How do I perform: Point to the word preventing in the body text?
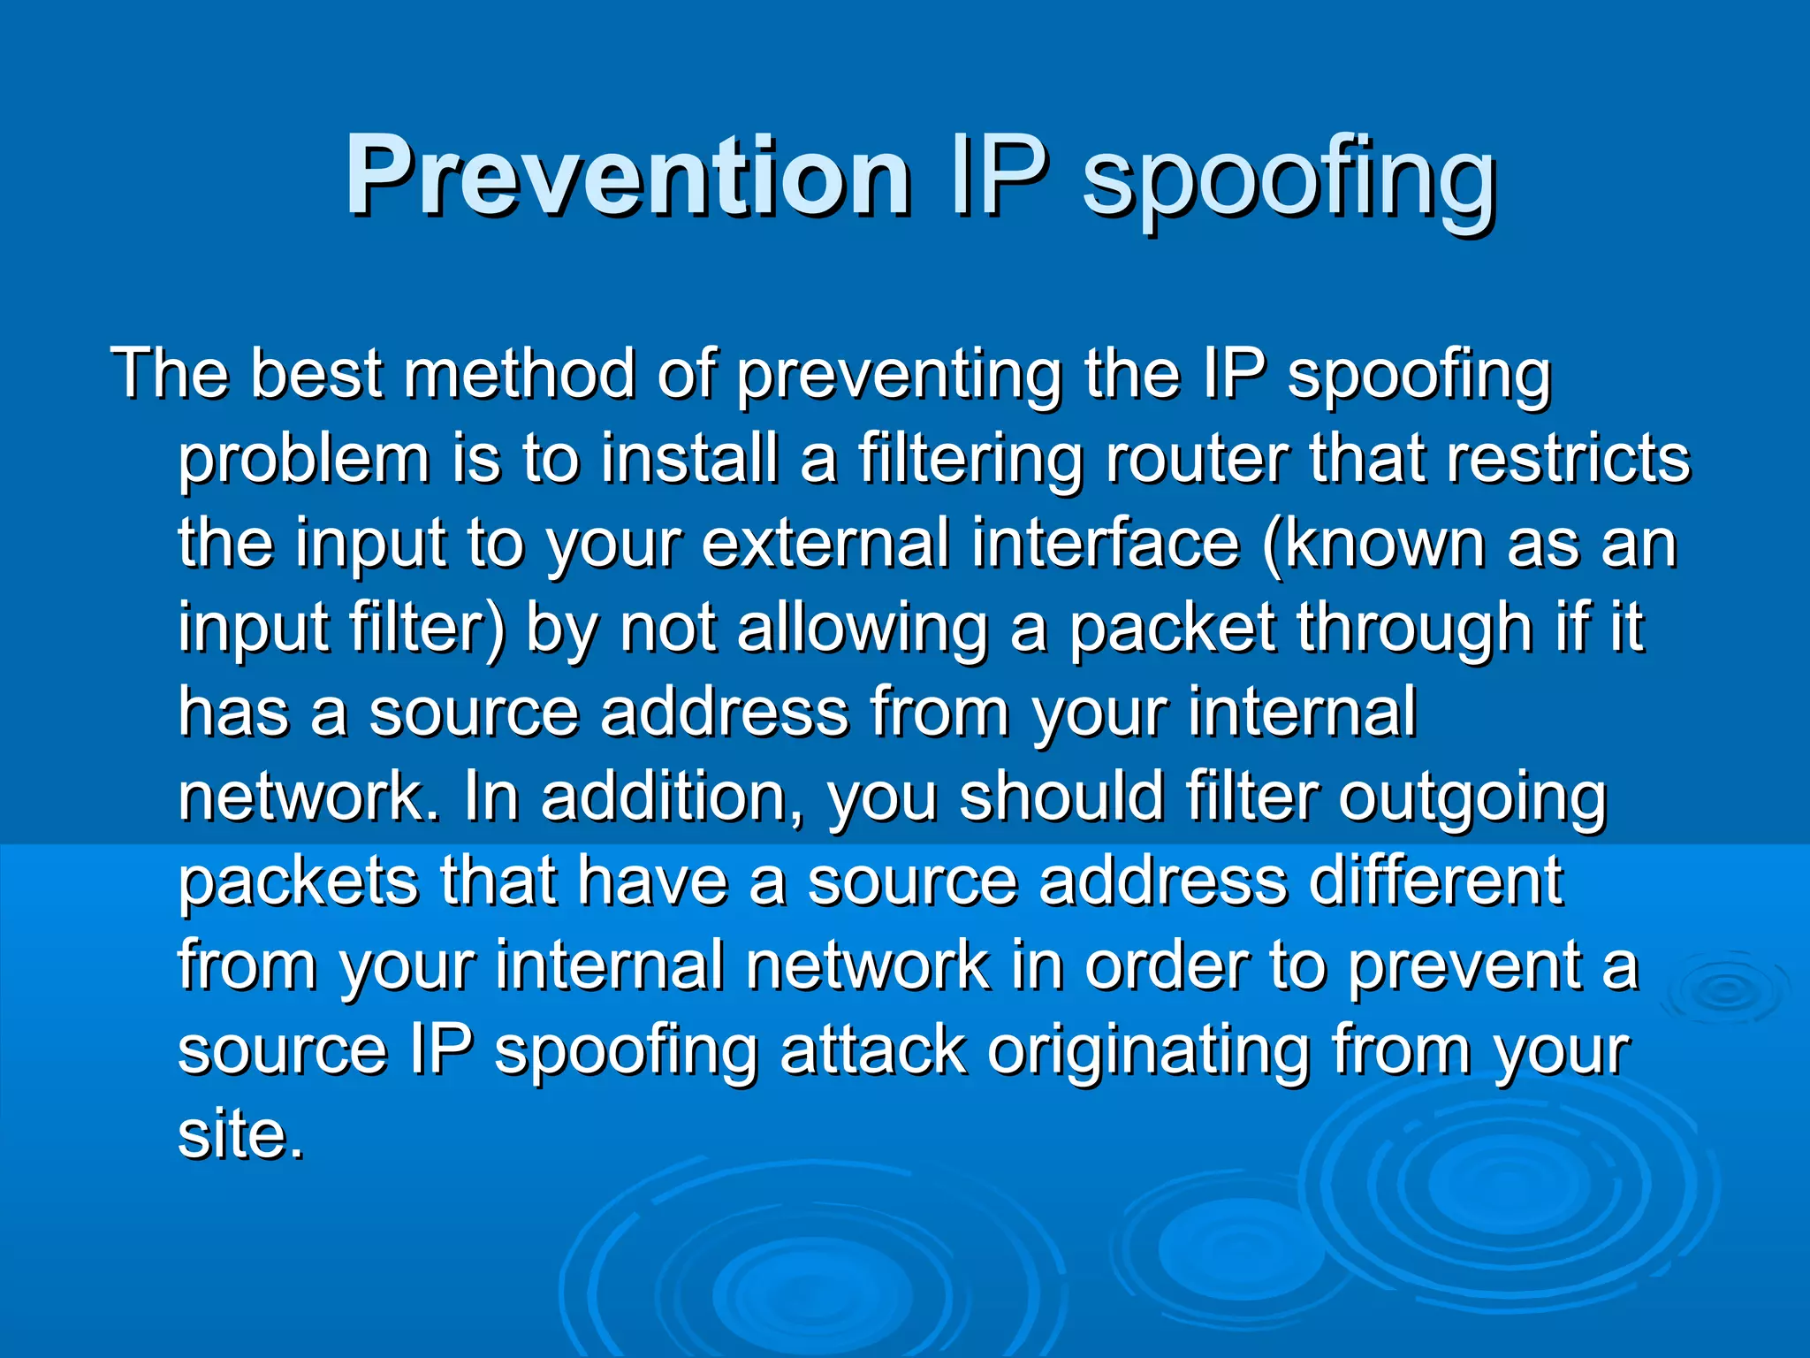point(899,377)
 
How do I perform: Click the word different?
point(1435,881)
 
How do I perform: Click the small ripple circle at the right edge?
point(1724,991)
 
